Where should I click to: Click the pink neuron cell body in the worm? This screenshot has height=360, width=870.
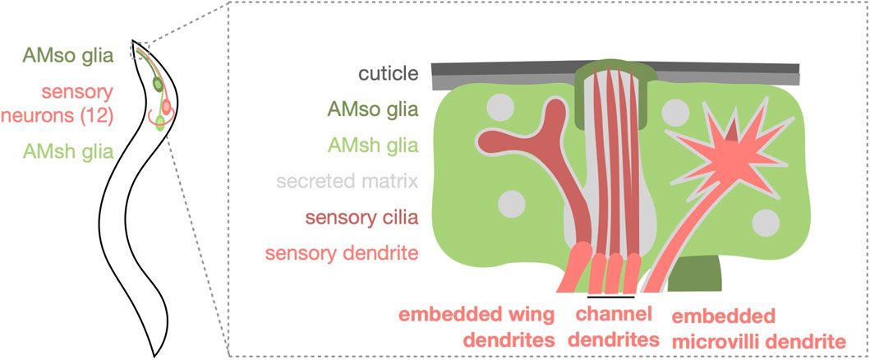[166, 107]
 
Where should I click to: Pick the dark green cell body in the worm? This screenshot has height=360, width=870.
[158, 85]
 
